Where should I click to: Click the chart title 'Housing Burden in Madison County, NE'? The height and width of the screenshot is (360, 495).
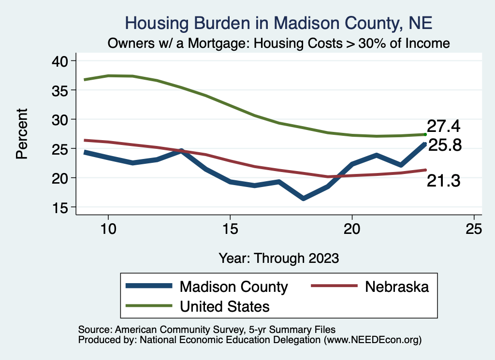pyautogui.click(x=278, y=23)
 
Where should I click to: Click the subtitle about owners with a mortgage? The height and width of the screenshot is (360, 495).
pyautogui.click(x=278, y=43)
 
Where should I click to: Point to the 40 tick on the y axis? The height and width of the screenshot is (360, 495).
pyautogui.click(x=63, y=61)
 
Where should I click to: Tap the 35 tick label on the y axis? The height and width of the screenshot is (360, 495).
pyautogui.click(x=63, y=90)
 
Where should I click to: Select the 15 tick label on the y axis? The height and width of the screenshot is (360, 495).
pyautogui.click(x=63, y=207)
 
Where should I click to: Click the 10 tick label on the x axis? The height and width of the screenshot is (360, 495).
pyautogui.click(x=108, y=229)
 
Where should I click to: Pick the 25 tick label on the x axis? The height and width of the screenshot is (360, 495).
pyautogui.click(x=474, y=229)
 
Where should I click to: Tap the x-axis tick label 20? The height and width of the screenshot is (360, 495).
pyautogui.click(x=352, y=229)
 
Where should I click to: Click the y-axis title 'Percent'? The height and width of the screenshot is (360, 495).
pyautogui.click(x=22, y=134)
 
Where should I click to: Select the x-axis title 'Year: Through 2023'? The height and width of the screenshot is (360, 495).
pyautogui.click(x=278, y=258)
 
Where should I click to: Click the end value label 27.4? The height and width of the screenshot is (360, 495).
pyautogui.click(x=443, y=127)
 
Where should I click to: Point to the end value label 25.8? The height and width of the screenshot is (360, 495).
pyautogui.click(x=445, y=145)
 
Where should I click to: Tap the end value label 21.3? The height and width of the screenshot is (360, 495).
pyautogui.click(x=443, y=181)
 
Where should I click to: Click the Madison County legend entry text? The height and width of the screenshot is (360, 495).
pyautogui.click(x=233, y=287)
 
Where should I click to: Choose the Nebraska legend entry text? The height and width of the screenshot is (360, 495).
pyautogui.click(x=397, y=287)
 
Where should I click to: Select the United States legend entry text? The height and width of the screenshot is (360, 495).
pyautogui.click(x=224, y=306)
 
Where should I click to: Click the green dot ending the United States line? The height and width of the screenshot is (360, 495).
pyautogui.click(x=425, y=134)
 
